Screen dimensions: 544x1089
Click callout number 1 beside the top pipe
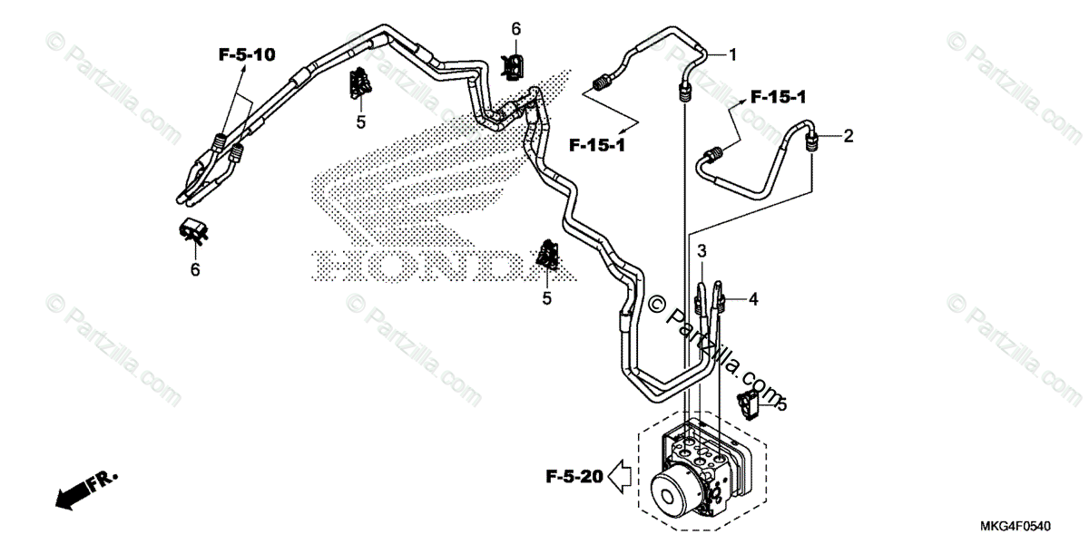click(733, 54)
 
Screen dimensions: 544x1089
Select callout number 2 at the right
click(849, 137)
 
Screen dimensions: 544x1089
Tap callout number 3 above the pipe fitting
click(701, 250)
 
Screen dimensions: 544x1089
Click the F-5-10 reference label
click(247, 55)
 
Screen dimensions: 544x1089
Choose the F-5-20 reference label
click(574, 473)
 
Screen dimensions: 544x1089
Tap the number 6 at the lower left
click(194, 269)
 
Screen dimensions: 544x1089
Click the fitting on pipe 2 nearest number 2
click(813, 139)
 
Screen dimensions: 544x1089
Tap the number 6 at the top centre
click(515, 29)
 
